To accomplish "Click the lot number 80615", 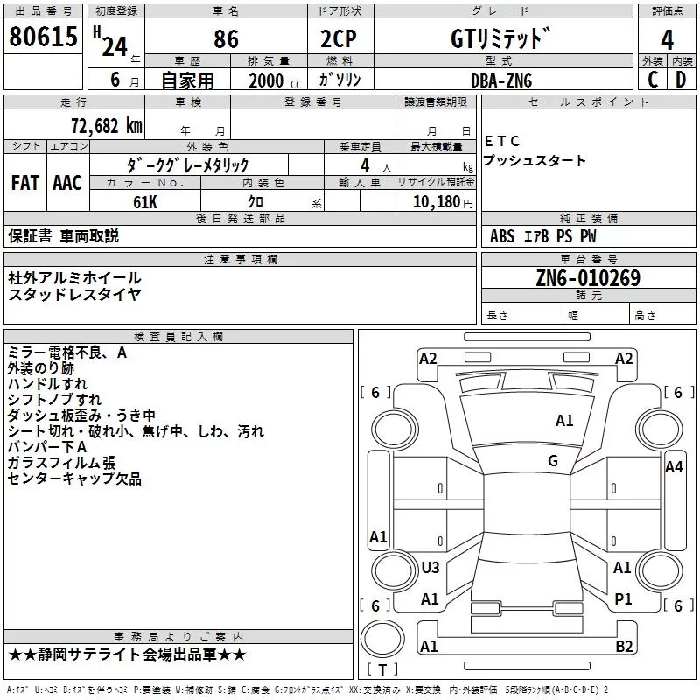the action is coord(43,37).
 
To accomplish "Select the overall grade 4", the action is coord(667,40).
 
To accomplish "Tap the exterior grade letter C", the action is coord(653,80).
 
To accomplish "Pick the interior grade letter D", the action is coord(681,80).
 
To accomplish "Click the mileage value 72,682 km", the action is coord(107,126).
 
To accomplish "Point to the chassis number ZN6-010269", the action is coord(588,278).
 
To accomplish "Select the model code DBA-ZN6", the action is coord(501,80).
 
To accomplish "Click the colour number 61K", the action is coord(145,202).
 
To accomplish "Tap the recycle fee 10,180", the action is coord(436,202).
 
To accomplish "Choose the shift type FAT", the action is coord(25,183).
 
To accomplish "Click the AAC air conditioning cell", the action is coord(67,183).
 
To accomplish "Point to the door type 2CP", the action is coord(339,38).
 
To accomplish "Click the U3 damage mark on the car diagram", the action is coord(430,567).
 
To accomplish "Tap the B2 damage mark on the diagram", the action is coord(624,646).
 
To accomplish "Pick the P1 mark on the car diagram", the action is coord(623,598).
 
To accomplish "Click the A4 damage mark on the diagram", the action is coord(674,467).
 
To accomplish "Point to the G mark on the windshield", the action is coord(553,461).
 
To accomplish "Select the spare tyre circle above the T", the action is coord(382,639).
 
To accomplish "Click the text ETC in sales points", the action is coord(502,141).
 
